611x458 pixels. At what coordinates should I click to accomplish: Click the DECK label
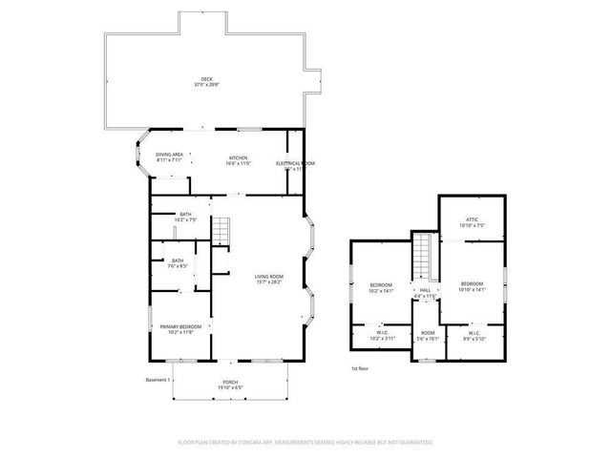point(207,79)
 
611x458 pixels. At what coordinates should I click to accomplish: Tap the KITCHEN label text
point(238,156)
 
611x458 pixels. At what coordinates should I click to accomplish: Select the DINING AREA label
point(170,155)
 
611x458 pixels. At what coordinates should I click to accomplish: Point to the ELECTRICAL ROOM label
point(295,163)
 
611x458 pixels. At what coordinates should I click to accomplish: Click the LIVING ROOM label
point(267,277)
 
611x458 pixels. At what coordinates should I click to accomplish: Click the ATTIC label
point(472,220)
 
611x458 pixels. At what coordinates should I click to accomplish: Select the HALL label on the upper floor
point(425,290)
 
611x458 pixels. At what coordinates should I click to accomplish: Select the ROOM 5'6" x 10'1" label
point(428,336)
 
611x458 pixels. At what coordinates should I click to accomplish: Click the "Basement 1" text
point(157,381)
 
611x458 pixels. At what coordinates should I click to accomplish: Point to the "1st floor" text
point(360,366)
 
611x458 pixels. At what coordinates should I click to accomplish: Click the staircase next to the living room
point(221,231)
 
